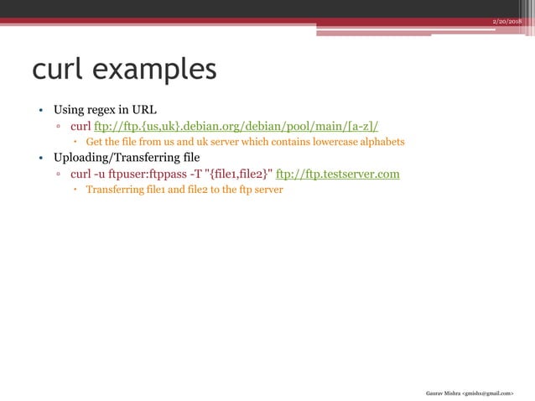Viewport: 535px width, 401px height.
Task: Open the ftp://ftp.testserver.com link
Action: click(x=337, y=174)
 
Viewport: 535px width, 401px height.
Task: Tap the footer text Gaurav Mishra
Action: click(x=444, y=392)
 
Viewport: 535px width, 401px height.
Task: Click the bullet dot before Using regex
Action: click(x=39, y=111)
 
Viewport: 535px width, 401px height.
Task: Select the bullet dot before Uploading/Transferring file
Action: click(x=39, y=159)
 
